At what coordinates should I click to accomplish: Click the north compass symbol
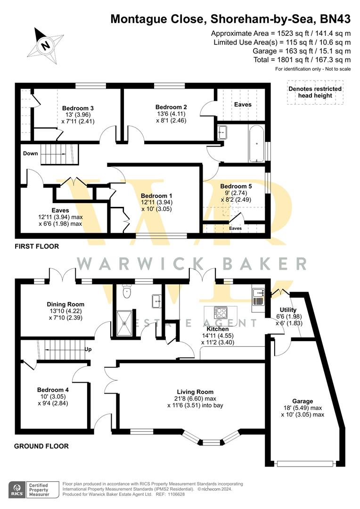pos(45,46)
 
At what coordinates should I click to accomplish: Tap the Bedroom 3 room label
pos(78,108)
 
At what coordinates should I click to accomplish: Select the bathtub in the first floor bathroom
pos(256,143)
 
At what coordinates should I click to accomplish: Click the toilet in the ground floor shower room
pos(127,291)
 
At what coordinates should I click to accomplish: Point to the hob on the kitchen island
pos(221,313)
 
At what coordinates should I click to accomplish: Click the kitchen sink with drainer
pos(258,297)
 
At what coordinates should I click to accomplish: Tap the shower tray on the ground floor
pos(124,323)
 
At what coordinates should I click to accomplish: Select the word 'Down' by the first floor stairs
pos(31,153)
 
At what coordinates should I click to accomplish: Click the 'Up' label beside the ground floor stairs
pos(88,349)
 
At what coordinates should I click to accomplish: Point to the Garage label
pos(303,401)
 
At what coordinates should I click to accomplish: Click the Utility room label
pos(288,310)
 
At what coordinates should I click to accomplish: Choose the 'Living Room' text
pos(195,392)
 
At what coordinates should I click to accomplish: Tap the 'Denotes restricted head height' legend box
pos(315,92)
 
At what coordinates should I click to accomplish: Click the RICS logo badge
pos(17,490)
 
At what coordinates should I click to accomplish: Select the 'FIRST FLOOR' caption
pos(37,246)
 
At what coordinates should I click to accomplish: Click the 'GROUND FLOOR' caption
pos(41,446)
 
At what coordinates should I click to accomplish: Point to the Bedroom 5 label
pos(236,186)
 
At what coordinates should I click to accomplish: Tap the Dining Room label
pos(65,304)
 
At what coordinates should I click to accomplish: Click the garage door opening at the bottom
pos(305,464)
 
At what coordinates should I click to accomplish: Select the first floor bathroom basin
pos(222,132)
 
